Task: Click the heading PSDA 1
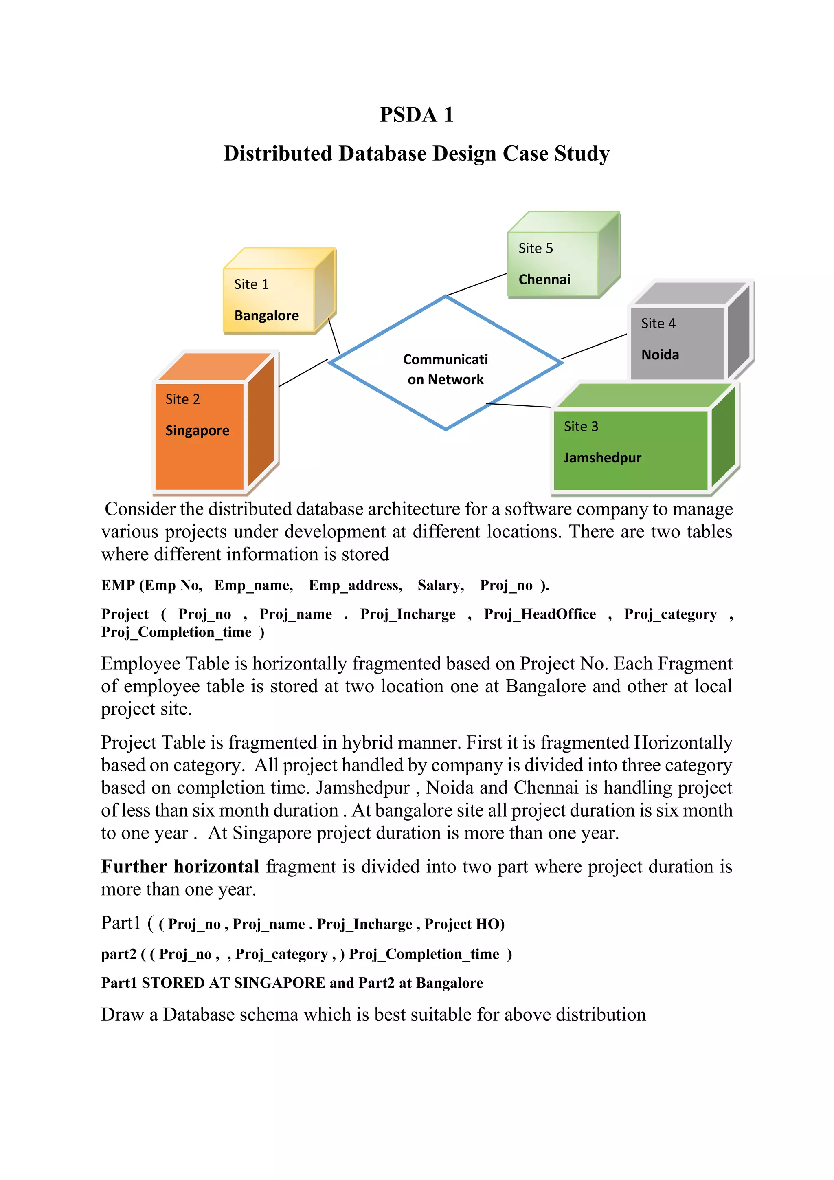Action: [417, 114]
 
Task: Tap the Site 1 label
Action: [251, 284]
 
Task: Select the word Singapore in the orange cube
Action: [197, 431]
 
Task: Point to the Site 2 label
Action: [182, 399]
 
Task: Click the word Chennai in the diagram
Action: [544, 280]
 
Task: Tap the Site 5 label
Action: [536, 248]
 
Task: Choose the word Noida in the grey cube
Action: [660, 354]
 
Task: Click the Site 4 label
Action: [658, 323]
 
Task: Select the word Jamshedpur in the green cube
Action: [602, 458]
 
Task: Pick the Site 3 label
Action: [581, 427]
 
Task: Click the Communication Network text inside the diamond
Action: [445, 369]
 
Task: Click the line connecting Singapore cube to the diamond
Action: [303, 372]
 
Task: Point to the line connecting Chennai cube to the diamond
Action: [477, 284]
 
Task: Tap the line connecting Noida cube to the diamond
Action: [594, 346]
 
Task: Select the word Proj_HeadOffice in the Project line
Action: [540, 614]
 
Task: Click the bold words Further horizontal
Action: [180, 867]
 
